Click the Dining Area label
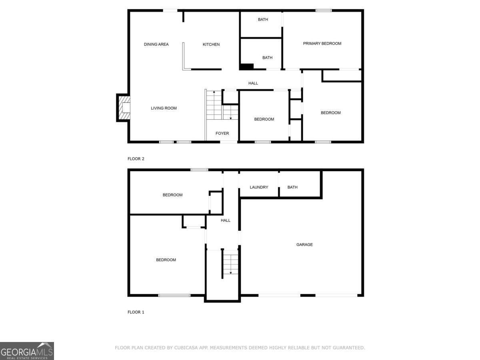click(x=156, y=44)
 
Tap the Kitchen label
click(x=211, y=44)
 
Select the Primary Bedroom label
click(x=322, y=44)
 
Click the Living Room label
click(x=164, y=108)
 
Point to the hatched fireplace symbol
click(x=124, y=108)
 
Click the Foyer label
click(x=222, y=133)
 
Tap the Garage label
click(x=304, y=244)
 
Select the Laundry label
click(x=259, y=187)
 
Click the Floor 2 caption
click(x=136, y=159)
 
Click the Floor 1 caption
click(x=136, y=312)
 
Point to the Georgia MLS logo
click(x=27, y=351)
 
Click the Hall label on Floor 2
click(x=253, y=83)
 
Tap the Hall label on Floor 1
click(x=226, y=220)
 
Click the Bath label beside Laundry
click(x=292, y=187)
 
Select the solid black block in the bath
click(x=247, y=67)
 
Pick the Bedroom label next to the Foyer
click(x=264, y=119)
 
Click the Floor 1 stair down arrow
click(x=231, y=272)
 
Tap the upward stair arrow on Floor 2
click(x=214, y=92)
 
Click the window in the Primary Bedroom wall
click(x=324, y=10)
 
